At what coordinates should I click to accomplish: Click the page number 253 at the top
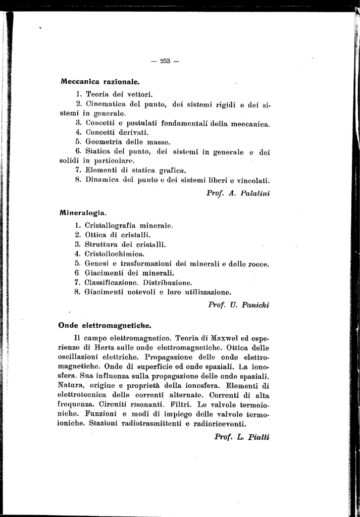point(165,61)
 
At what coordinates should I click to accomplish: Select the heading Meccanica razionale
point(100,81)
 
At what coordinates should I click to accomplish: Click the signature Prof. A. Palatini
point(238,193)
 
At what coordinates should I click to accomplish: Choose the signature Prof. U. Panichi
point(239,304)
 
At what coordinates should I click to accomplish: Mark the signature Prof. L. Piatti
point(242,436)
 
